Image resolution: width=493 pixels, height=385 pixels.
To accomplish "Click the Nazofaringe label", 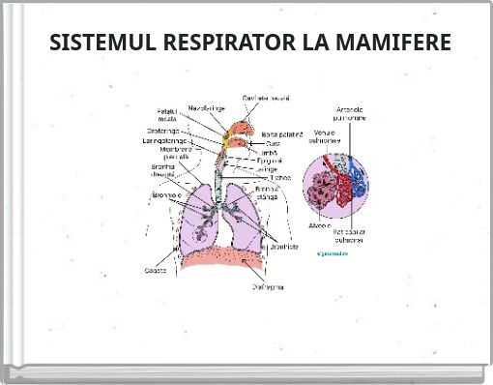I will [x=207, y=107].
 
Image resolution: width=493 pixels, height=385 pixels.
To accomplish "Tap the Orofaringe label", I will [x=160, y=131].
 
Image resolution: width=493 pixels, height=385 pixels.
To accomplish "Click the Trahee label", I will [x=280, y=178].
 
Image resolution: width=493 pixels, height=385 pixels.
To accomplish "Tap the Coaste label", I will [x=156, y=270].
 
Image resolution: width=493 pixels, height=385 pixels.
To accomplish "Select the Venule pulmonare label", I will [x=325, y=136].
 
